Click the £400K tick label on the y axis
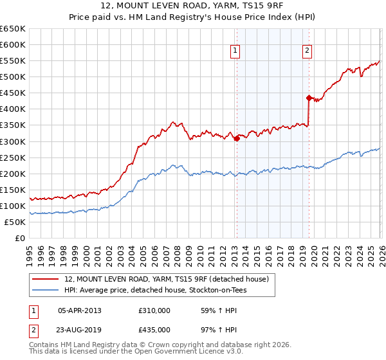(x=13, y=109)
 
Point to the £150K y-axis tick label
(x=13, y=190)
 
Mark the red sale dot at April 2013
(x=237, y=138)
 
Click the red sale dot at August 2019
(x=309, y=98)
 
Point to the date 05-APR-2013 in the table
(x=80, y=310)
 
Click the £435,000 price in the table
(x=154, y=330)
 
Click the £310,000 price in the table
(x=154, y=310)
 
